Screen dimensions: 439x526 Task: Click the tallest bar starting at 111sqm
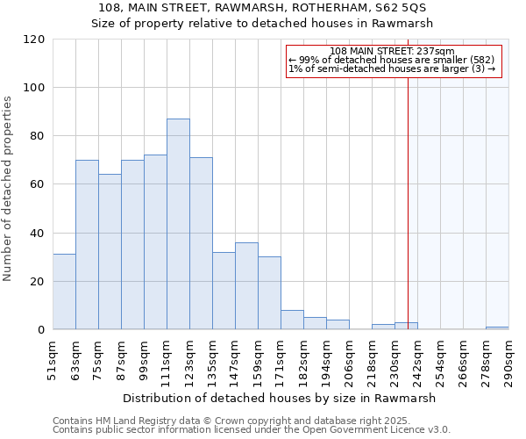click(x=178, y=224)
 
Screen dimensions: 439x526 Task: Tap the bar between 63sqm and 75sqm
click(x=87, y=245)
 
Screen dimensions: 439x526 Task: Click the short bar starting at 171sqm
click(x=292, y=320)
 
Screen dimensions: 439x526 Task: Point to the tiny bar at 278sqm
click(x=497, y=328)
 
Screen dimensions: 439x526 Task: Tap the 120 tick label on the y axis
click(x=34, y=40)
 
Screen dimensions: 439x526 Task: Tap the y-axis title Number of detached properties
click(x=9, y=189)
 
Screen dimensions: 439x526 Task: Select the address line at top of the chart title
click(x=262, y=7)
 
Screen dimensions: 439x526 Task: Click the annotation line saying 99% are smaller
click(x=392, y=60)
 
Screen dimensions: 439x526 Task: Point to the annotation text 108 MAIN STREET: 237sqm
click(x=392, y=51)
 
